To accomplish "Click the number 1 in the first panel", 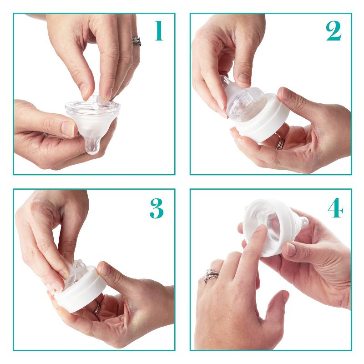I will point(158,30).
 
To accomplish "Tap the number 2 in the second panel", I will point(334,30).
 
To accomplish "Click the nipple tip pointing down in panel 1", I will point(92,146).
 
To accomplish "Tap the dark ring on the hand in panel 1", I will point(136,41).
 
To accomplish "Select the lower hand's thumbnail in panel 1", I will point(69,129).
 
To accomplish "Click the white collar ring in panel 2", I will point(264,123).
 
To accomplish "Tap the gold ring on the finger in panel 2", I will point(280,143).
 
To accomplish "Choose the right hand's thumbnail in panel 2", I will point(286,94).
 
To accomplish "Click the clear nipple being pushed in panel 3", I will point(75,272).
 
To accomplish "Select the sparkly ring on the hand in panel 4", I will point(212,275).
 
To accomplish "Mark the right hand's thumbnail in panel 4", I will point(291,248).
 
